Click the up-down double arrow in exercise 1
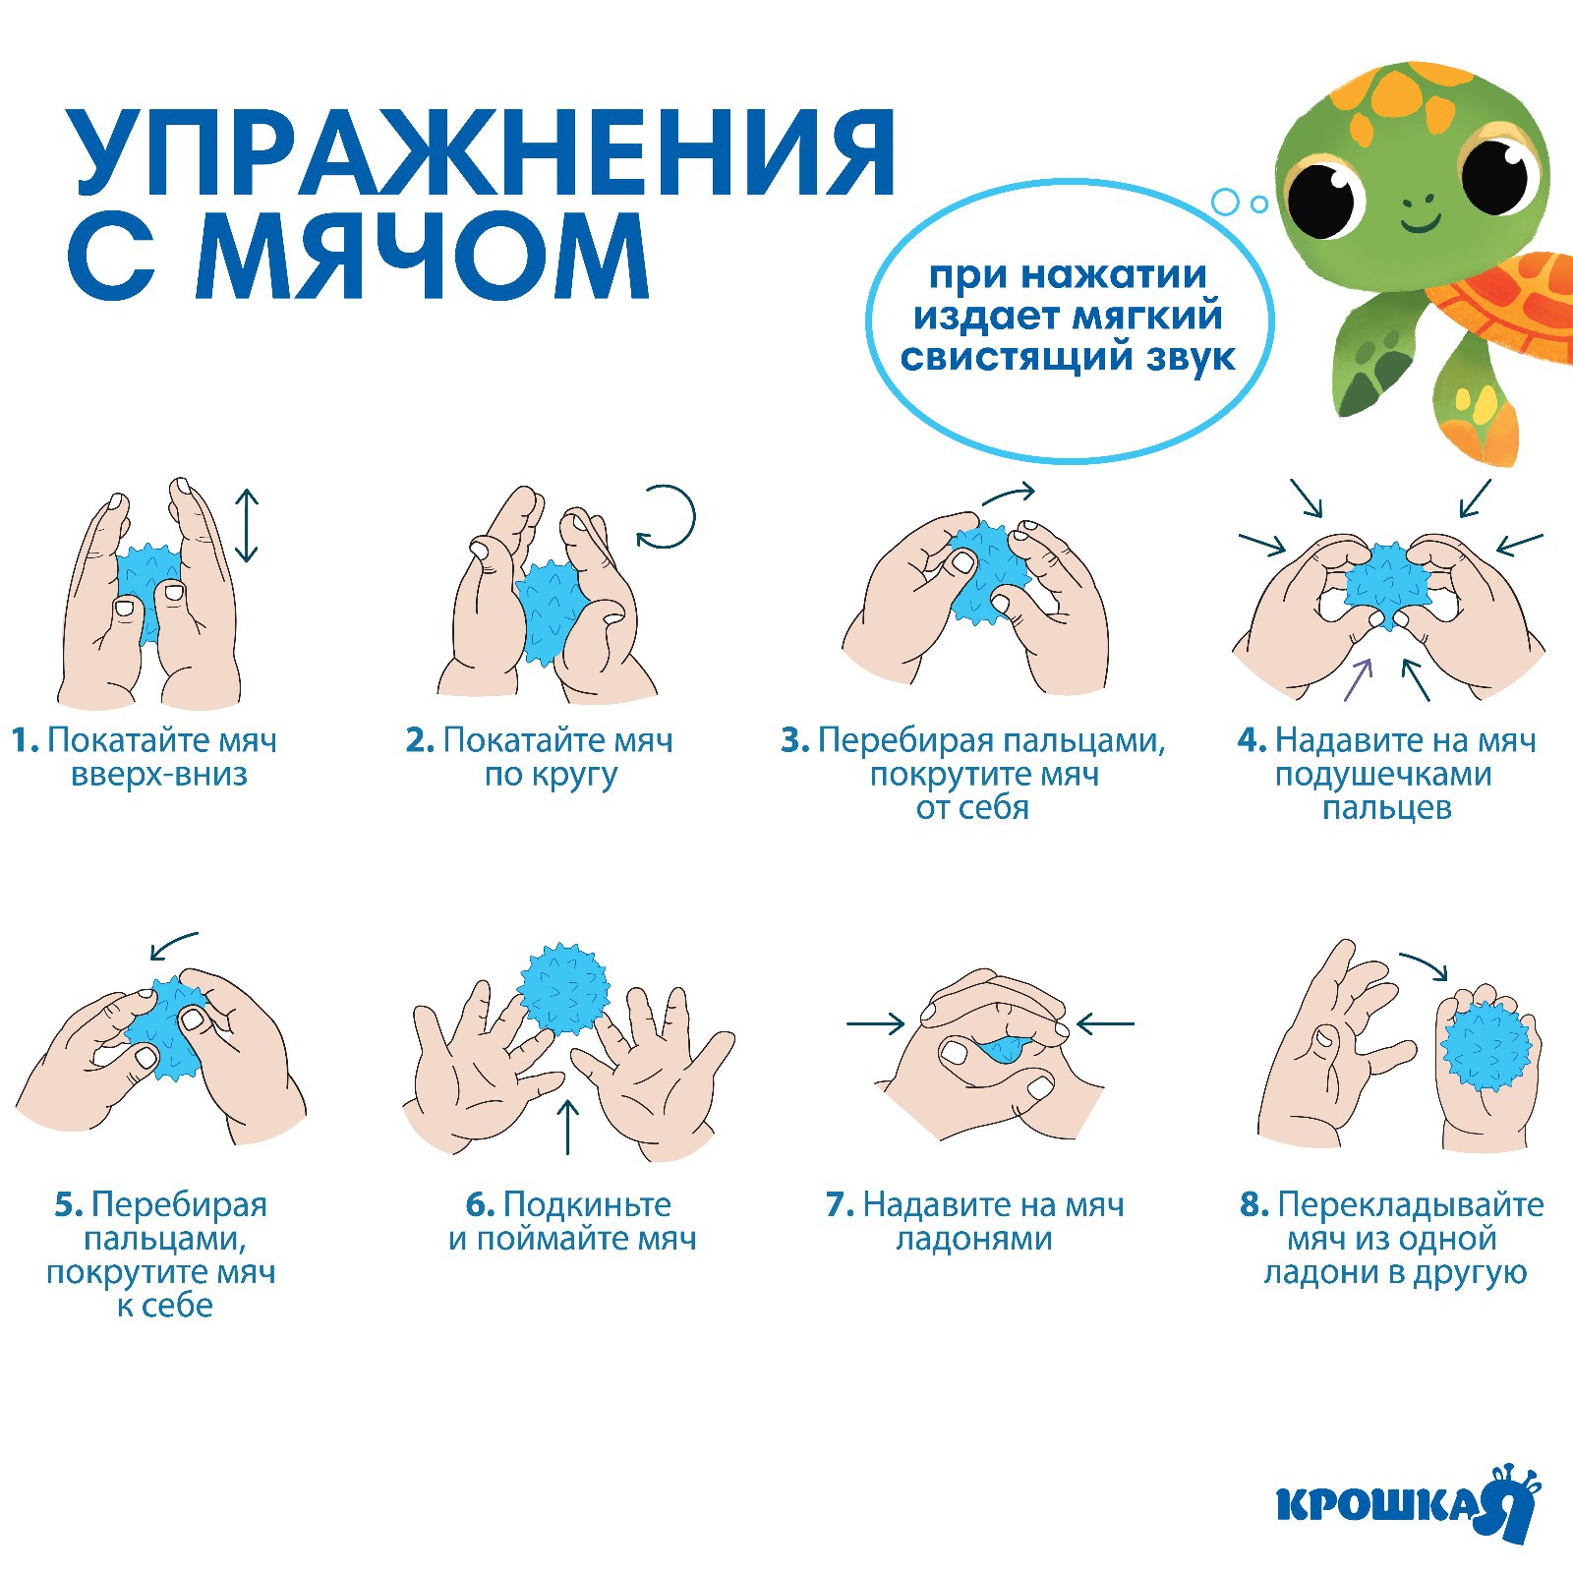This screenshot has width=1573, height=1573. [x=247, y=526]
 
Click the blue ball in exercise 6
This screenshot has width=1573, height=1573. [x=563, y=989]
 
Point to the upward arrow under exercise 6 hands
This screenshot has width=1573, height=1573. [x=568, y=1127]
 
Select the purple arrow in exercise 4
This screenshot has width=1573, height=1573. [x=1358, y=679]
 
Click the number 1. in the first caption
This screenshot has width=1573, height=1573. [x=26, y=740]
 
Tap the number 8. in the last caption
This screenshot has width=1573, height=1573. [x=1254, y=1204]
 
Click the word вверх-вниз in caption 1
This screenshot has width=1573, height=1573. [x=159, y=775]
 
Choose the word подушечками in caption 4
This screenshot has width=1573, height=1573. [x=1383, y=775]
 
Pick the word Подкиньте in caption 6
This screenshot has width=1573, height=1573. [x=587, y=1204]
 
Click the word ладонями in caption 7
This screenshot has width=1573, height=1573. [x=973, y=1239]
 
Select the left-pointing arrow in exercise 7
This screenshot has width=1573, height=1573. [x=1106, y=1024]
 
